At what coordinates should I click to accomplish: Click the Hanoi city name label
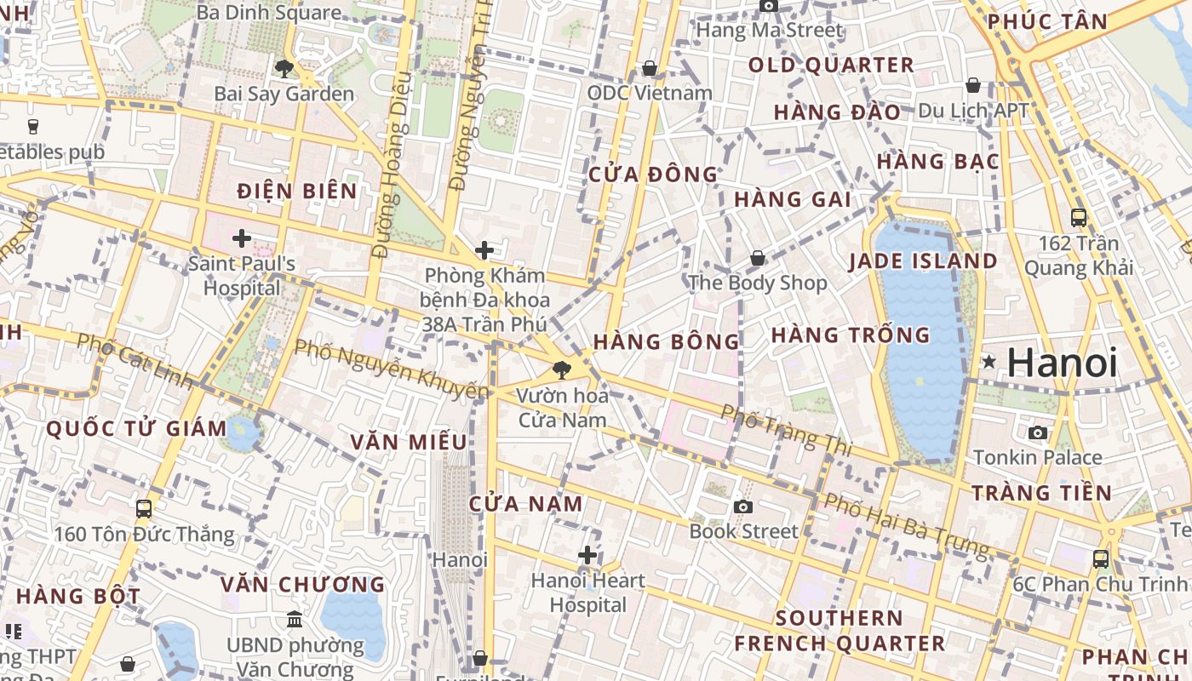(x=1062, y=363)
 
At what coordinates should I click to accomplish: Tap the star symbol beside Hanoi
(x=989, y=362)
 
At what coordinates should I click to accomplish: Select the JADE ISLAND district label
(x=923, y=261)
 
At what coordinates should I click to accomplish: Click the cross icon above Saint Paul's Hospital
(x=242, y=238)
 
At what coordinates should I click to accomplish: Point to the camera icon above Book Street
(x=743, y=506)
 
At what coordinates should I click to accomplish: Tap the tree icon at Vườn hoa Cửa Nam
(x=561, y=370)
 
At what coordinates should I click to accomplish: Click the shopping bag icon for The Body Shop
(x=757, y=258)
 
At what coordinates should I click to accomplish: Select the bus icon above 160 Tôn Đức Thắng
(x=144, y=509)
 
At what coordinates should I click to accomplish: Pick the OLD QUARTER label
(x=831, y=66)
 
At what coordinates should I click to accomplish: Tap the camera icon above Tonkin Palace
(x=1037, y=432)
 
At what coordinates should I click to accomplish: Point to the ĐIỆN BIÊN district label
(x=297, y=191)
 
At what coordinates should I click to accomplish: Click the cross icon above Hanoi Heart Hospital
(x=587, y=556)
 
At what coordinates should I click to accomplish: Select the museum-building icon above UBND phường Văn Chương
(x=295, y=619)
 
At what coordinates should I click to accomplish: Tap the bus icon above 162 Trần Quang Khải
(x=1079, y=217)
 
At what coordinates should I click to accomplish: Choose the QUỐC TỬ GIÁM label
(x=136, y=428)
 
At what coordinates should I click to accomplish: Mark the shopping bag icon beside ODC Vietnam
(x=650, y=68)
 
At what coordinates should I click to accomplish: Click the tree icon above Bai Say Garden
(x=284, y=69)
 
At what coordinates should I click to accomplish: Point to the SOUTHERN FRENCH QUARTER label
(x=840, y=631)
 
